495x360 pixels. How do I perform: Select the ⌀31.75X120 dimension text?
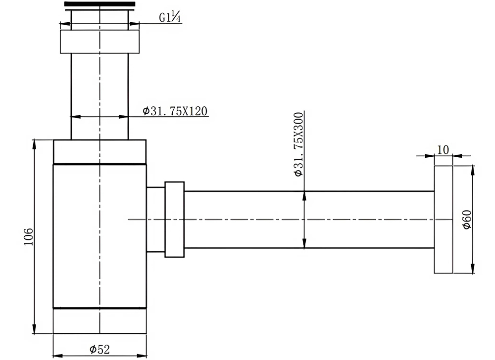(x=175, y=111)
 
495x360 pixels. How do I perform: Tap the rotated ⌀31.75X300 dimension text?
(x=298, y=144)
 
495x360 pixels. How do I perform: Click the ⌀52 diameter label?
(x=99, y=349)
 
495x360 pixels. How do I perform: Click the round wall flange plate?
(x=444, y=219)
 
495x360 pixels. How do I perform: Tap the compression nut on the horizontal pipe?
(x=174, y=219)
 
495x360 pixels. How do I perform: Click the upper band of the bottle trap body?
(x=99, y=151)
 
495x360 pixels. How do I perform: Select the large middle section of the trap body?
(x=99, y=236)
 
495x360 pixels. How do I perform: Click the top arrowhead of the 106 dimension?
(x=34, y=144)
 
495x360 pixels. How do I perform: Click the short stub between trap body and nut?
(x=155, y=219)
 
